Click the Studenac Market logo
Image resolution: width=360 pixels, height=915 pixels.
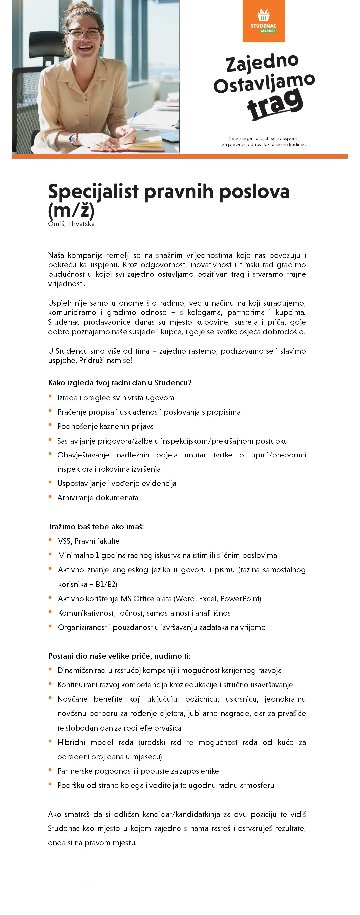(x=264, y=21)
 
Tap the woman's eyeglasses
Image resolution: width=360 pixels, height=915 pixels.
(x=84, y=34)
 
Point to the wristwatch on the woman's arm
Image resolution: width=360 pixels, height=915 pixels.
(x=74, y=139)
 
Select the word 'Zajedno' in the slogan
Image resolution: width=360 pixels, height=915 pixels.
(x=262, y=63)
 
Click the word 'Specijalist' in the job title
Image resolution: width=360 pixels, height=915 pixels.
(x=93, y=192)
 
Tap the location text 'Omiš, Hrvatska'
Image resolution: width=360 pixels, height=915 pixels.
(x=71, y=224)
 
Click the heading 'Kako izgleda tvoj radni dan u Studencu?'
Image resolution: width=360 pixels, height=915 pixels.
(x=120, y=383)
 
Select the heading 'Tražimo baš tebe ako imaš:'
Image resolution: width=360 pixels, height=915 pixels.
(x=96, y=527)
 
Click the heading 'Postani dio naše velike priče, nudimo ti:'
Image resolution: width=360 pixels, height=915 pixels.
(x=119, y=656)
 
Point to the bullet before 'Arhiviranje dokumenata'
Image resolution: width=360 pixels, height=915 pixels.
(x=50, y=497)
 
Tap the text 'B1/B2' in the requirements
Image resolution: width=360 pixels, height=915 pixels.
(x=106, y=584)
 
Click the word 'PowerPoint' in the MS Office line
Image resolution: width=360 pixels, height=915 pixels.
(x=240, y=599)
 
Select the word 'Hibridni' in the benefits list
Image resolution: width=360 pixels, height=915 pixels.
(x=71, y=742)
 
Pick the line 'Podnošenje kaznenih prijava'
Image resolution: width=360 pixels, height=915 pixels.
(x=105, y=426)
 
